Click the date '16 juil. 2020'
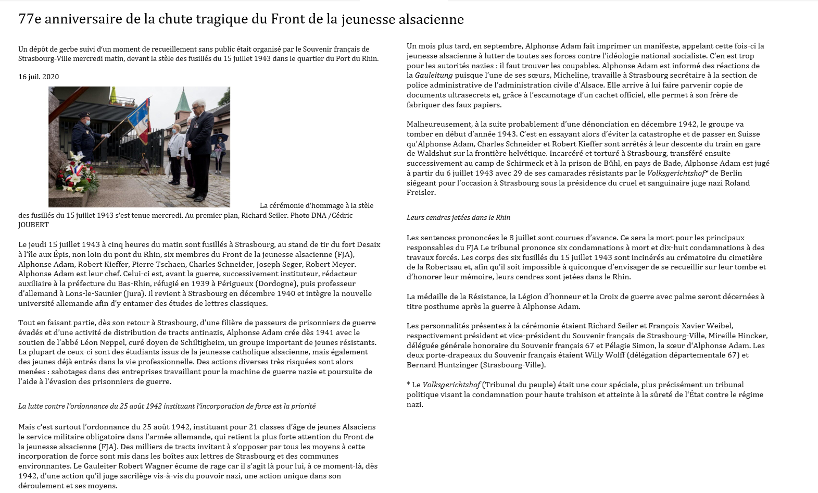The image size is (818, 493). [39, 77]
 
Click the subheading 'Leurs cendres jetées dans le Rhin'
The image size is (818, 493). [458, 217]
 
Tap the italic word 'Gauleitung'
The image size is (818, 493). [433, 75]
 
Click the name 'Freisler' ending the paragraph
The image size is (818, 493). [421, 192]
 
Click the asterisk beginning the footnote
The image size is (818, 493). [409, 385]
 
